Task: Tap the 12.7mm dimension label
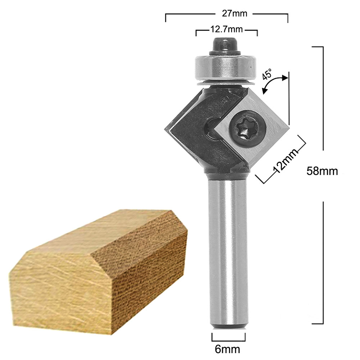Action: point(227,28)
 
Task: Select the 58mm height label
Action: point(322,170)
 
